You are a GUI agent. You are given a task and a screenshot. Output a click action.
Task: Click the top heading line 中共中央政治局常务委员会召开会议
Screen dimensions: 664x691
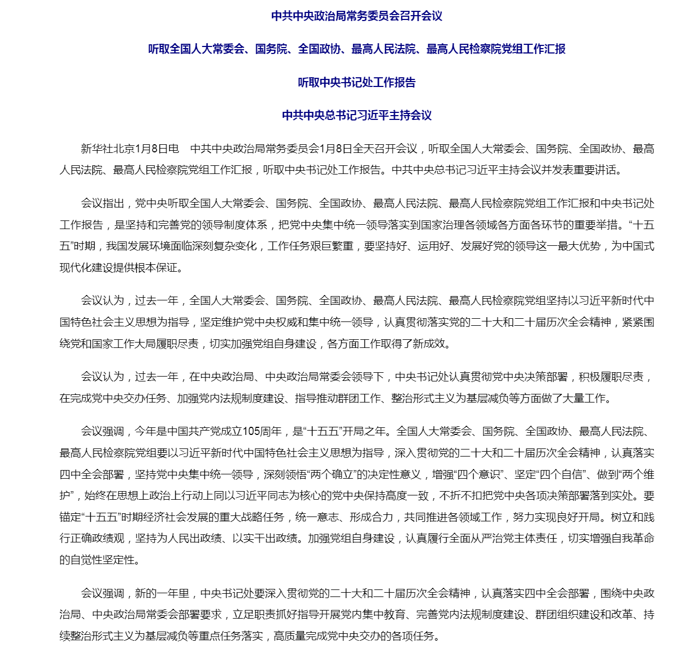tap(356, 16)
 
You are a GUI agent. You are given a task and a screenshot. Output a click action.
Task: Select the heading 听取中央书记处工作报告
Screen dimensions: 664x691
tap(356, 82)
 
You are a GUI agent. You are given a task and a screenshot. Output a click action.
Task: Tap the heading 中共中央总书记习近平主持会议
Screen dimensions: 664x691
tap(356, 115)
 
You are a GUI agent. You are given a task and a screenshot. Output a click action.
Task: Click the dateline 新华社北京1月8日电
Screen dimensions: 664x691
tap(130, 149)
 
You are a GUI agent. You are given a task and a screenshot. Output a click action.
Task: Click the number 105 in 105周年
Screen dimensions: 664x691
tap(251, 431)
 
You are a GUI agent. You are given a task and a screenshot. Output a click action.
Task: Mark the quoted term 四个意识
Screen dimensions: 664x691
tap(479, 474)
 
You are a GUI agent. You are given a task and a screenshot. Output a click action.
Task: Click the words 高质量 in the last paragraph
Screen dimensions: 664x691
tap(289, 636)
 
